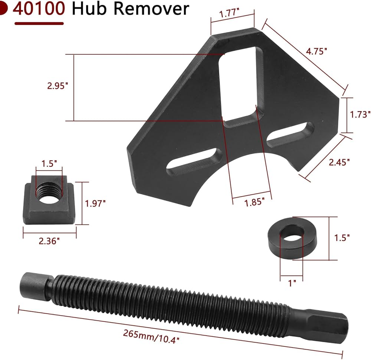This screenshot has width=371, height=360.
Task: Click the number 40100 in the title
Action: click(x=39, y=9)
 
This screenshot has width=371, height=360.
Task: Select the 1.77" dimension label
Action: click(x=229, y=13)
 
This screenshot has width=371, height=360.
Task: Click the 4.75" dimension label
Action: click(x=316, y=51)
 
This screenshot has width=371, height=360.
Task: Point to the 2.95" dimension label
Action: click(x=58, y=86)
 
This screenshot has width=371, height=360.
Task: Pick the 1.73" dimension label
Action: click(x=360, y=115)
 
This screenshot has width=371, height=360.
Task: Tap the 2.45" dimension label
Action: click(x=339, y=162)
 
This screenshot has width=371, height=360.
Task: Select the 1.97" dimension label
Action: click(x=95, y=203)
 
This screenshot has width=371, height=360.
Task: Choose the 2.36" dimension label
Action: click(x=49, y=241)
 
